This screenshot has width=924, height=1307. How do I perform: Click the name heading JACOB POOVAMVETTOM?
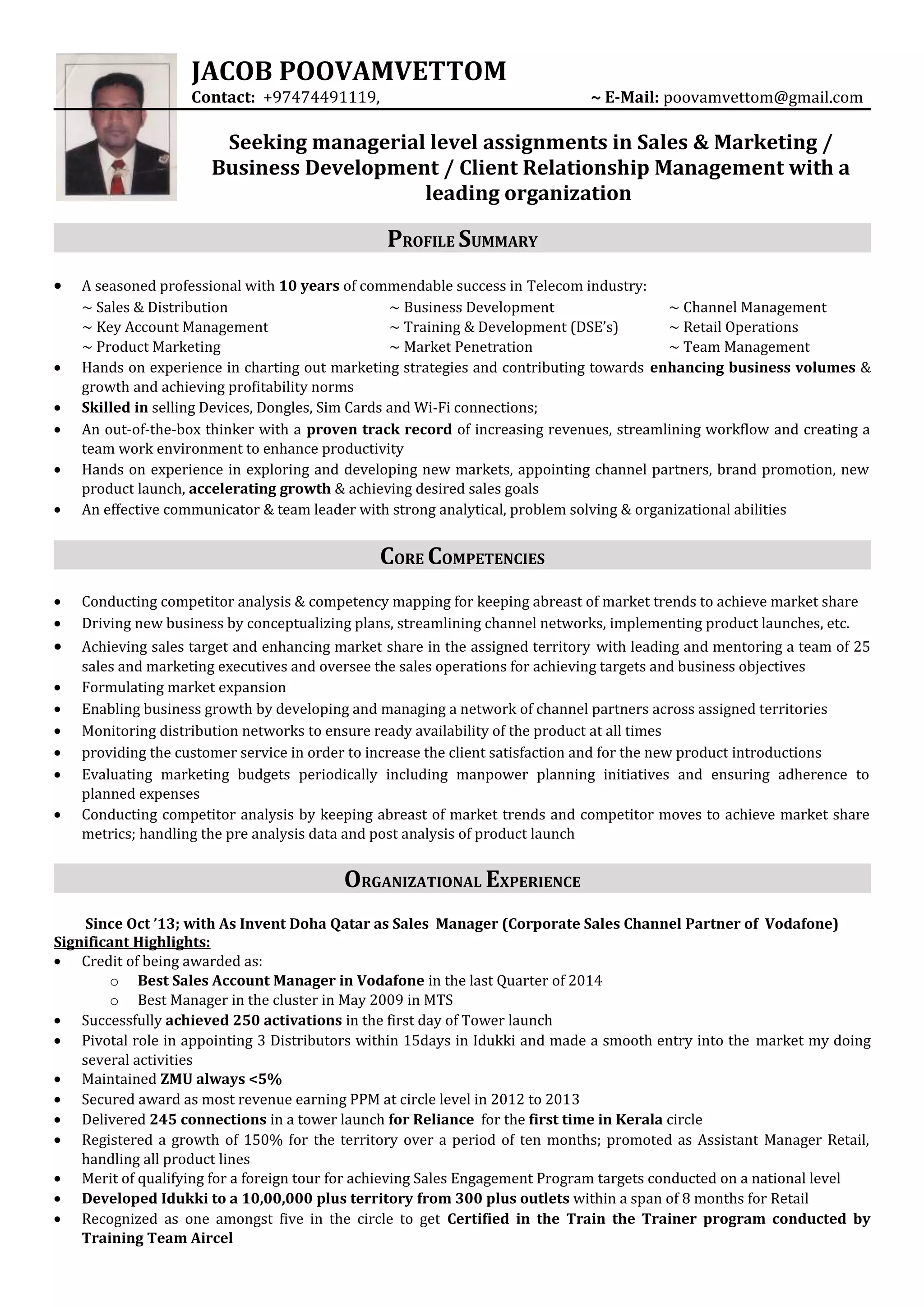pyautogui.click(x=348, y=72)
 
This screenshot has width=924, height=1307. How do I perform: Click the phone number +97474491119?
pyautogui.click(x=320, y=97)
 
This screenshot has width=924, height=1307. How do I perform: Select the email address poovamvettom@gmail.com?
pyautogui.click(x=763, y=97)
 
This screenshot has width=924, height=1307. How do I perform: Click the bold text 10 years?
pyautogui.click(x=309, y=286)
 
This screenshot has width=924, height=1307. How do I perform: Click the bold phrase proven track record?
pyautogui.click(x=379, y=429)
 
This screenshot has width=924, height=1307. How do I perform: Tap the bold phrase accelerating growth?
pyautogui.click(x=259, y=488)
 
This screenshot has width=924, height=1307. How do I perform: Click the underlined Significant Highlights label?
pyautogui.click(x=132, y=942)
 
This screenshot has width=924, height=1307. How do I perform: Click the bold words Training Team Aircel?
pyautogui.click(x=157, y=1238)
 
